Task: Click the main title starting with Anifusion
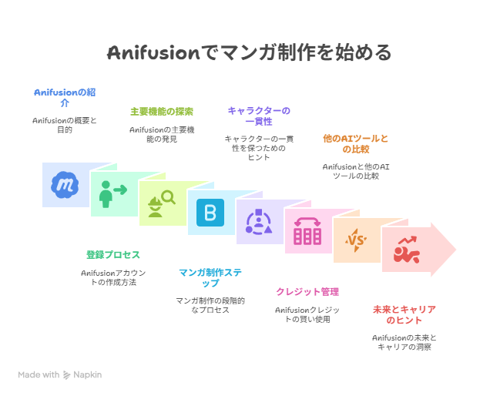click(249, 52)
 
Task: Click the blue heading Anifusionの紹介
click(65, 97)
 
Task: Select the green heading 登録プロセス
click(113, 255)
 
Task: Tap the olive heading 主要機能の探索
click(162, 112)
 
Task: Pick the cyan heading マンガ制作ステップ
click(210, 277)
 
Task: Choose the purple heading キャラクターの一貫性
click(259, 116)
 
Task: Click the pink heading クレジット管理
click(307, 292)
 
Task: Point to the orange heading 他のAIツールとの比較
click(356, 143)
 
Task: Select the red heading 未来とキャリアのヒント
click(404, 315)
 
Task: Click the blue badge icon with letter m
click(65, 185)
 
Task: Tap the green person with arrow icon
click(112, 194)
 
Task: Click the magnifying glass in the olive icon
click(169, 197)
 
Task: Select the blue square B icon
click(210, 213)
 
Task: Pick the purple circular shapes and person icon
click(259, 222)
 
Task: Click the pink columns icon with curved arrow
click(307, 231)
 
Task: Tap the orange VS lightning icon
click(356, 240)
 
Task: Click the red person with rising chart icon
click(406, 250)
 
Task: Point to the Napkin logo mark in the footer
click(66, 374)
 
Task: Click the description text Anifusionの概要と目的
click(65, 125)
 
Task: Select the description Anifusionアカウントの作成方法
click(113, 277)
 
